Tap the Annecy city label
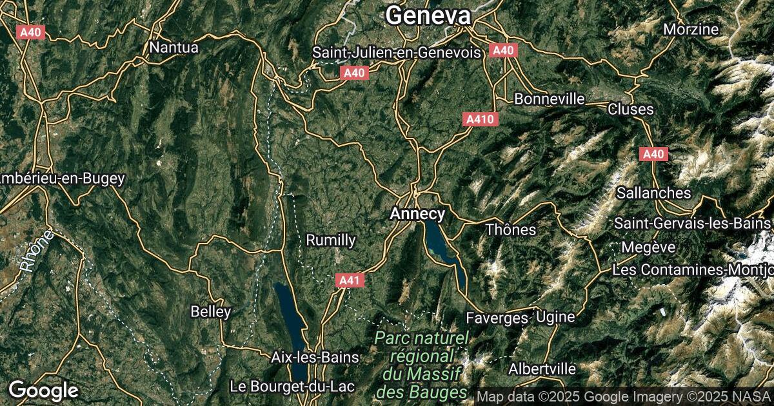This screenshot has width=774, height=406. [x=417, y=213]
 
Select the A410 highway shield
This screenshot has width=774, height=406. [x=479, y=119]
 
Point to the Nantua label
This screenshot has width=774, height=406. [x=174, y=47]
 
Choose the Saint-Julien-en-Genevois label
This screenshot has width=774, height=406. [x=397, y=52]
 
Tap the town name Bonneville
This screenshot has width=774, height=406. [x=550, y=99]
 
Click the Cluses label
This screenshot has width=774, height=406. [x=630, y=110]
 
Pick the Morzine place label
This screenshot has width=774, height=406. [x=691, y=29]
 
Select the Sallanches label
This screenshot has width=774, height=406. [x=653, y=193]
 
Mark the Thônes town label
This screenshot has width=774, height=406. [x=511, y=229]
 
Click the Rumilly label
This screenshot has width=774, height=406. [x=330, y=240]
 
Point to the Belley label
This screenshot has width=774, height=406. [x=210, y=312]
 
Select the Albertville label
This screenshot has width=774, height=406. [x=542, y=369]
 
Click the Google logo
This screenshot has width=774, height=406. [x=43, y=390]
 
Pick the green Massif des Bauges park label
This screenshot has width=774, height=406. [x=422, y=365]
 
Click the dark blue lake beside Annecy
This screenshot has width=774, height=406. [x=439, y=242]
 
